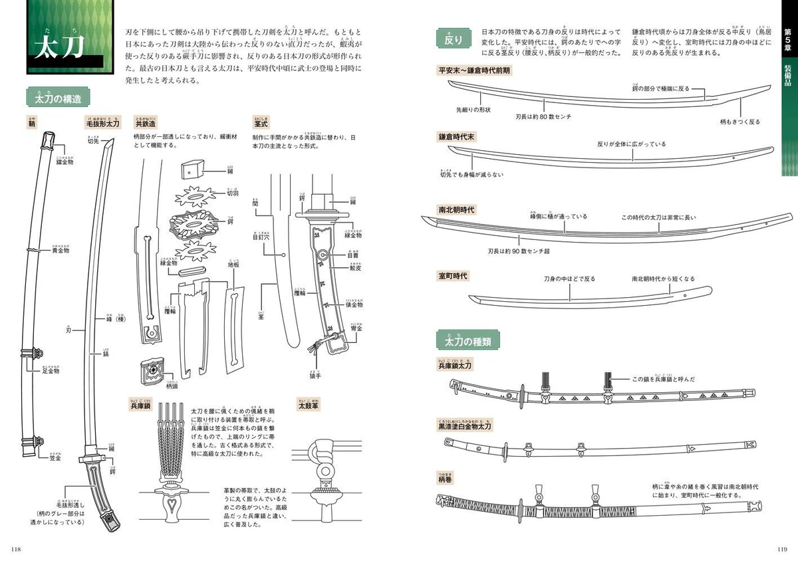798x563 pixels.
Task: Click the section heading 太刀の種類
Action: click(469, 342)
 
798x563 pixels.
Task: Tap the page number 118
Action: click(17, 548)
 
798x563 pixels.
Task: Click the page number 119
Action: click(782, 548)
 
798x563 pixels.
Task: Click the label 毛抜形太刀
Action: click(102, 124)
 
